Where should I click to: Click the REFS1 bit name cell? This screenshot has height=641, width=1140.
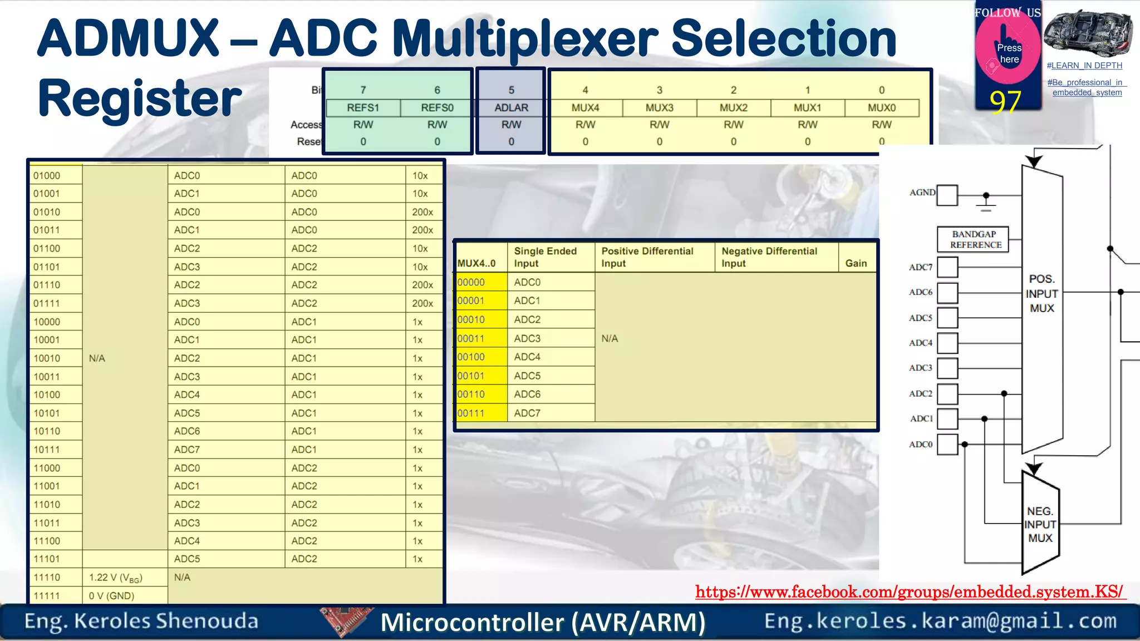(x=363, y=108)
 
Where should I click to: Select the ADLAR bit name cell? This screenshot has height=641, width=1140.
(x=511, y=108)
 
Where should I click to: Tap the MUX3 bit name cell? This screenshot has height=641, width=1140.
(x=659, y=108)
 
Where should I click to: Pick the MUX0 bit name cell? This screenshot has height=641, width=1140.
(x=881, y=108)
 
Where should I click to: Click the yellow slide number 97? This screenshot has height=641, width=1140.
(x=1005, y=101)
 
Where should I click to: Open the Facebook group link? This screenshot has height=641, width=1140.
(x=910, y=592)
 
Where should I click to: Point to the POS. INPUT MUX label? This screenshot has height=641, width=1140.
(x=1042, y=293)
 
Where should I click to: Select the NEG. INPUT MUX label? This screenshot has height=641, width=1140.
(x=1040, y=524)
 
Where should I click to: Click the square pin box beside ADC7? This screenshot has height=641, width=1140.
(x=947, y=267)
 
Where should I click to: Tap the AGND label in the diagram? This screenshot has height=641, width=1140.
(x=922, y=193)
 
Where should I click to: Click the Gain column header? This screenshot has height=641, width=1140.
(x=856, y=263)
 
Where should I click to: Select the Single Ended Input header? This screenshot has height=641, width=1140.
(x=545, y=257)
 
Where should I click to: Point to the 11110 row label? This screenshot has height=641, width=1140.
(x=47, y=578)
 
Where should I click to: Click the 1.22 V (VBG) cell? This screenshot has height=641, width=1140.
(x=116, y=578)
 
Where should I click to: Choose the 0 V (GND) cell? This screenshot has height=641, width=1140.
(x=112, y=596)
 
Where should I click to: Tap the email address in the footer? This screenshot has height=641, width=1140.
(x=940, y=621)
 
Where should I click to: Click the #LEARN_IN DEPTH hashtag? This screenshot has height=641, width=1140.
(x=1084, y=66)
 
